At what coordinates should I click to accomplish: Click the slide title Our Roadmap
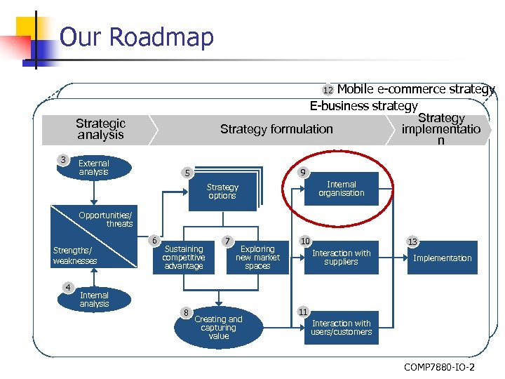(136, 36)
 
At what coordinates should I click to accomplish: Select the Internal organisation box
(342, 189)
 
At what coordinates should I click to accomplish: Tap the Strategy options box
(222, 192)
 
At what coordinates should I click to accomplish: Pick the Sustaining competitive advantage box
(183, 258)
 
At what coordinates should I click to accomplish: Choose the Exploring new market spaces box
(257, 258)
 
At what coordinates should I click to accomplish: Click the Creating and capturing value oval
(218, 328)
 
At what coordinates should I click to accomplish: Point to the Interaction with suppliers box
(341, 258)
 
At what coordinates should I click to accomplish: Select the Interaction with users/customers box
(341, 328)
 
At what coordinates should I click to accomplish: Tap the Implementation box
(442, 258)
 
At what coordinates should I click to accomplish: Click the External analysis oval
(94, 168)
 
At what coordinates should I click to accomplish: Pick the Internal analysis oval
(94, 300)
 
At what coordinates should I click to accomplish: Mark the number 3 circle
(64, 160)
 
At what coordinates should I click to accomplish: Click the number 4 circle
(67, 286)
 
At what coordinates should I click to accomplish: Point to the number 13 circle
(412, 242)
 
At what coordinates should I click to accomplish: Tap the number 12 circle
(328, 91)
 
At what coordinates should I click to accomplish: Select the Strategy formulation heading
(276, 129)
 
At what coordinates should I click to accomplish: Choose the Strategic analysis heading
(100, 129)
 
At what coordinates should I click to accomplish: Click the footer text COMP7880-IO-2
(438, 366)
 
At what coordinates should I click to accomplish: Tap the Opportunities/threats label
(105, 219)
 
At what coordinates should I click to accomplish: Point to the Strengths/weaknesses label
(75, 255)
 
